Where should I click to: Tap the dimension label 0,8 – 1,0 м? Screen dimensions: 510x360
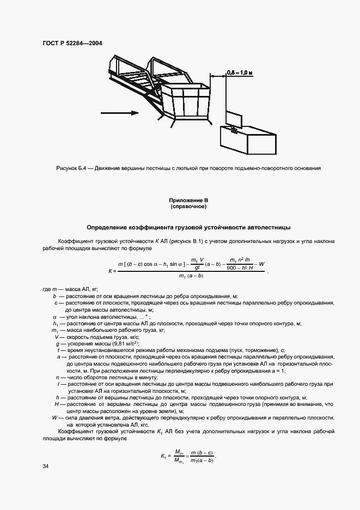pos(240,72)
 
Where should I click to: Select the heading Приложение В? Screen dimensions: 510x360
pos(188,201)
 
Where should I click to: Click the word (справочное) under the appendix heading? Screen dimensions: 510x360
pos(188,207)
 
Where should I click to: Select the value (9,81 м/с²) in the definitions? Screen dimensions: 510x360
pos(123,344)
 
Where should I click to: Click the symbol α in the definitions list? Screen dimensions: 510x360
pos(55,317)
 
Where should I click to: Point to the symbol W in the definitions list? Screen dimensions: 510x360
pos(54,417)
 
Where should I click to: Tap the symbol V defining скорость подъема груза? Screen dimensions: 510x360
pos(56,337)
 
